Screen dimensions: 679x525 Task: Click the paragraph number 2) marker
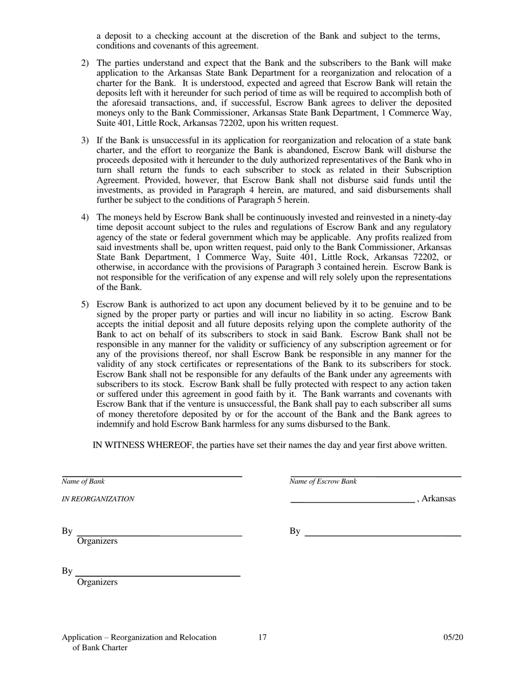(x=85, y=63)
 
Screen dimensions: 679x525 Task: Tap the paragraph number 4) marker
(x=85, y=218)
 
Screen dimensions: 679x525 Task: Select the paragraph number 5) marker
(x=85, y=305)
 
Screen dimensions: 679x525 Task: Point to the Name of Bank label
(x=83, y=481)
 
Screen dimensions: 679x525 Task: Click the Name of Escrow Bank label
(x=323, y=481)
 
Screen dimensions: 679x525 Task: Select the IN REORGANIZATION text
(x=98, y=499)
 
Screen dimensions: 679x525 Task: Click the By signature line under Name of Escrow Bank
(x=382, y=535)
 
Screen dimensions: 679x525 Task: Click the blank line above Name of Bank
(x=152, y=475)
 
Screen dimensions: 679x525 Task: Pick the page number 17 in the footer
(x=262, y=638)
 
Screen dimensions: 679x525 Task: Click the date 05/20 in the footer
(x=453, y=638)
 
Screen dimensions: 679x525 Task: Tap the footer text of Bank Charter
(x=100, y=648)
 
